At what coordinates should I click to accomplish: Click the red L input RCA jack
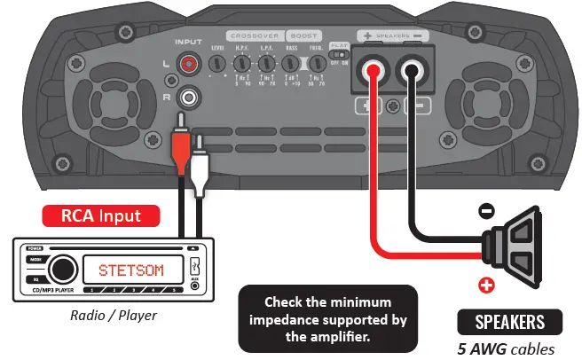188,64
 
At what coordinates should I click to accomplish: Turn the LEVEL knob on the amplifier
216,64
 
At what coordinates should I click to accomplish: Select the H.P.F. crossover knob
240,64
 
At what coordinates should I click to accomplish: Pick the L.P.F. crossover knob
264,64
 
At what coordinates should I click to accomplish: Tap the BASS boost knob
291,64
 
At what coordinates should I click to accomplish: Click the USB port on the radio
194,268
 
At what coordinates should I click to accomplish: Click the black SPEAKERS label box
509,321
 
